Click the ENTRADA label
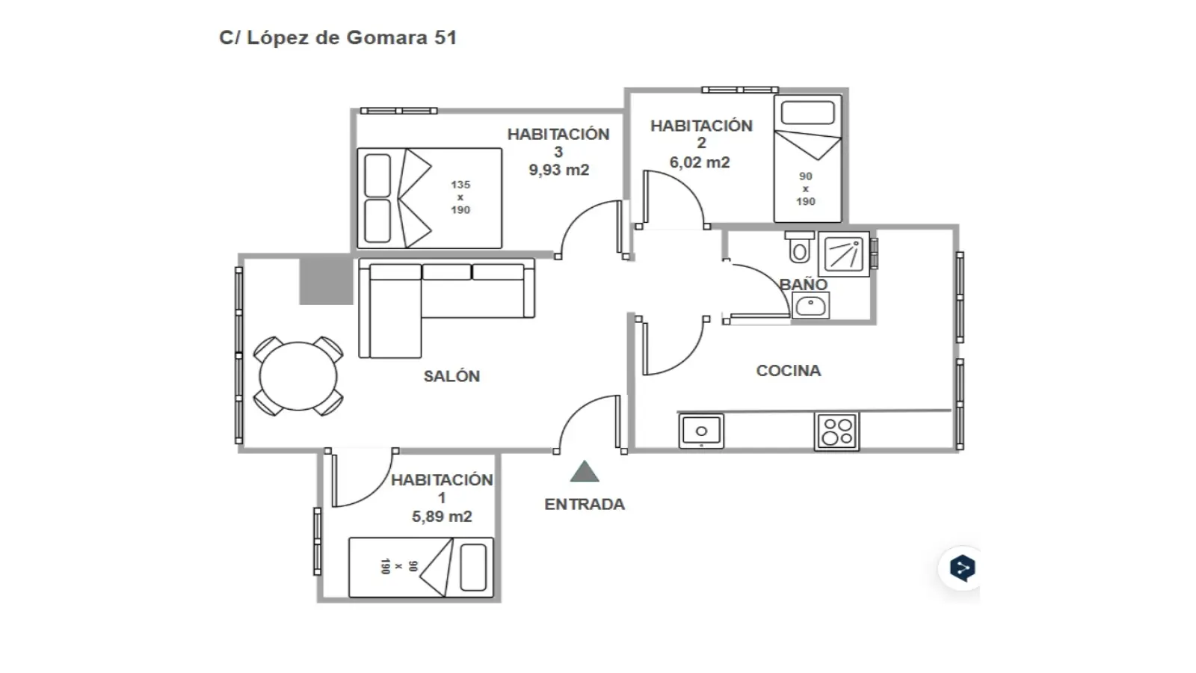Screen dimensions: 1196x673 584,504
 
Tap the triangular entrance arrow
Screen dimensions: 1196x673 584,471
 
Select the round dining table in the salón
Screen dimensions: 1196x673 298,376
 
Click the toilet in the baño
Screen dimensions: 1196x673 799,247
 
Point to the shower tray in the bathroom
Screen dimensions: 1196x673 844,253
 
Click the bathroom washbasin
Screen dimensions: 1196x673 810,306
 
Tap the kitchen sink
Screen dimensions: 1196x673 702,431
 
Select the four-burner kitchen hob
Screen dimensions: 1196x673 836,431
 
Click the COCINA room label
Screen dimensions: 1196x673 788,371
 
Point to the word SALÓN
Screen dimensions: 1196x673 451,376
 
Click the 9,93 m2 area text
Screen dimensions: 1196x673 559,170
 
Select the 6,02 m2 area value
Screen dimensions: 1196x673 700,162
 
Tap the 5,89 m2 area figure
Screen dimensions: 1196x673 442,517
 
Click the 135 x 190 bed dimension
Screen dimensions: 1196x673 460,197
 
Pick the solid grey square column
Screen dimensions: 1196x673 326,280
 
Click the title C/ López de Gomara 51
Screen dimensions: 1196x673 338,38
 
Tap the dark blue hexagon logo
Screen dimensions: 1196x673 963,568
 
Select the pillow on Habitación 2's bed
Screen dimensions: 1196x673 807,113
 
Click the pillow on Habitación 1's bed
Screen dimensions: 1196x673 473,568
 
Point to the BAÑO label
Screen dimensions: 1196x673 803,284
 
